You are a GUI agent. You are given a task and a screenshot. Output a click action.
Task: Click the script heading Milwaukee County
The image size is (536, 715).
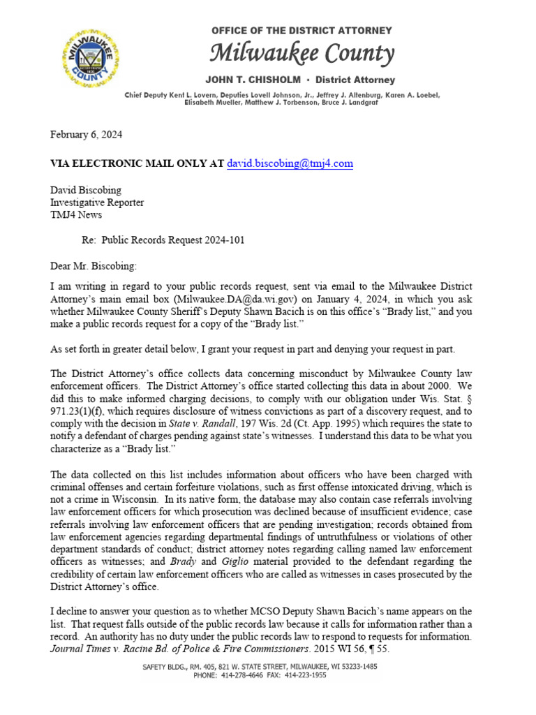coord(302,53)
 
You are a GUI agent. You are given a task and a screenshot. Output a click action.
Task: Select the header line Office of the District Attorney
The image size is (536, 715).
coord(301,31)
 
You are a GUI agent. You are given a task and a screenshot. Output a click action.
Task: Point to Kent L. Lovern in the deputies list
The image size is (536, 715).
coord(199,94)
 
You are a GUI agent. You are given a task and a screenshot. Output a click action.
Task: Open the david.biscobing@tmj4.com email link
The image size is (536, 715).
coord(290,164)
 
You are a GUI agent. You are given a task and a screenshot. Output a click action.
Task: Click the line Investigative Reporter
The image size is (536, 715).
coord(97,202)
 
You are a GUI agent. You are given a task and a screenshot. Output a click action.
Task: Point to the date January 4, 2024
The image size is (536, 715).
coord(316,299)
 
